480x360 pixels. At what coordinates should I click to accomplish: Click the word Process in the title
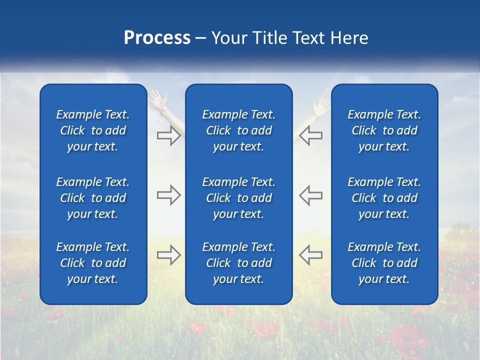[157, 38]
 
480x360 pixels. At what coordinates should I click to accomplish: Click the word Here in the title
[348, 38]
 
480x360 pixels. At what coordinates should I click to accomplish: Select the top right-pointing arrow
[168, 135]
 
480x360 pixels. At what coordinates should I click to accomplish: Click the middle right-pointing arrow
[168, 195]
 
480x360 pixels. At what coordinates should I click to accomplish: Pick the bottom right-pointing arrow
[168, 255]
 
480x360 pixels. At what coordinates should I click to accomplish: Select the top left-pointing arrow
[310, 135]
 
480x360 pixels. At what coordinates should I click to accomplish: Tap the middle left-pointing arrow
[310, 195]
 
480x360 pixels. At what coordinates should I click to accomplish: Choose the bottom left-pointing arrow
[310, 255]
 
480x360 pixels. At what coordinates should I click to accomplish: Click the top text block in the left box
[93, 130]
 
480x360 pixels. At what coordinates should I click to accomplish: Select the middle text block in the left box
[93, 198]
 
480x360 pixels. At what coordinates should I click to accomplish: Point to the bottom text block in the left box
[93, 263]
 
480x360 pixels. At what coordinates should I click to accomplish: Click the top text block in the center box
[238, 130]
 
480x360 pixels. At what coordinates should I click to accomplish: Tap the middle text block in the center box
[238, 198]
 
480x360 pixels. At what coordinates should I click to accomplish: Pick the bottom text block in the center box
[238, 263]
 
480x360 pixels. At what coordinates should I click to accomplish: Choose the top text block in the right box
[384, 130]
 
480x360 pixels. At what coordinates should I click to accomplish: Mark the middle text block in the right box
[384, 198]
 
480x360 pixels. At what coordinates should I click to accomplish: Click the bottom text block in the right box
[384, 263]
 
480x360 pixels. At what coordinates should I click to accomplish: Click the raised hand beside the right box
[320, 106]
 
